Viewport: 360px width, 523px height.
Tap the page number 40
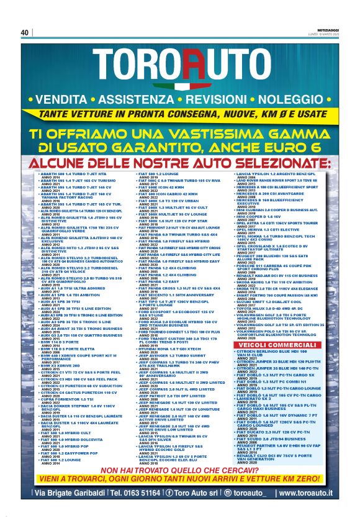click(25, 33)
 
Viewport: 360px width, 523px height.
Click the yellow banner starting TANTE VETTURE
click(180, 114)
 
